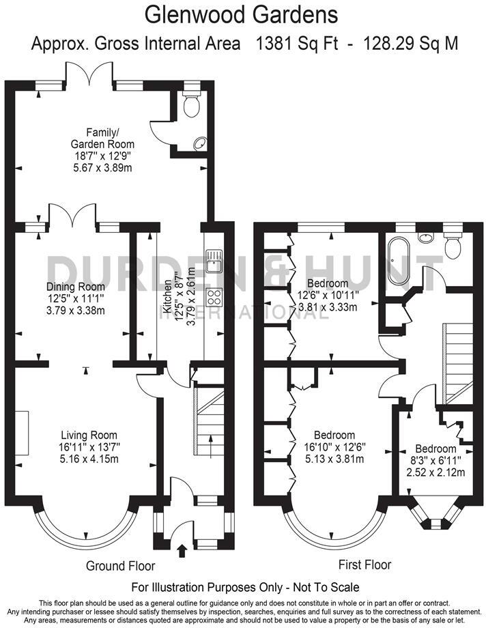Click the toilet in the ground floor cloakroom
[191, 104]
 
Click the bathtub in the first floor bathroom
[397, 259]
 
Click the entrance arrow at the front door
[182, 549]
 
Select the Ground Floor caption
[120, 566]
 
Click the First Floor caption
[365, 565]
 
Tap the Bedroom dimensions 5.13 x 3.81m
[334, 459]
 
